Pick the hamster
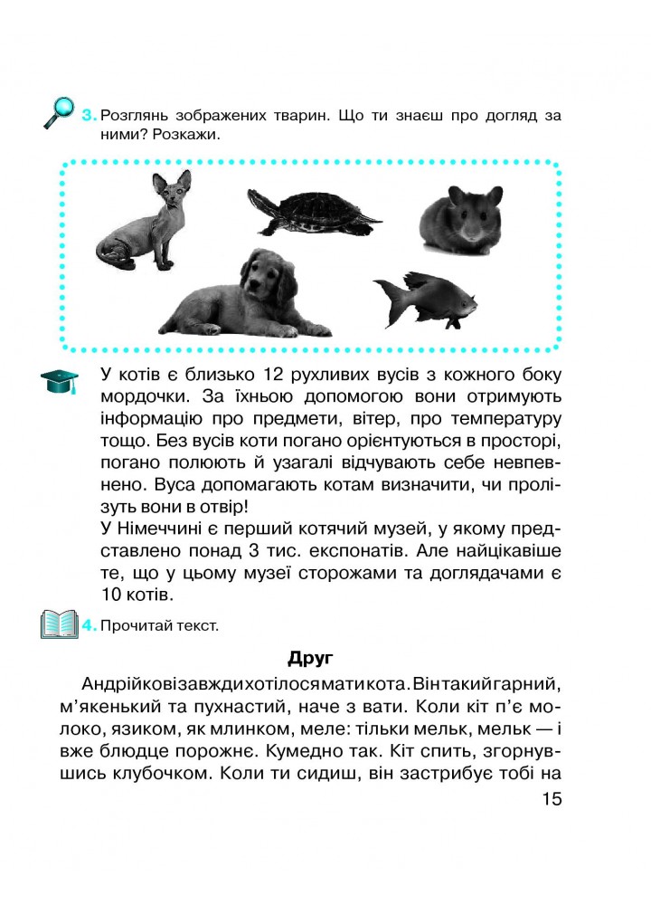click(461, 217)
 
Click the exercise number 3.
click(89, 116)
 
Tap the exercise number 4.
click(89, 625)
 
